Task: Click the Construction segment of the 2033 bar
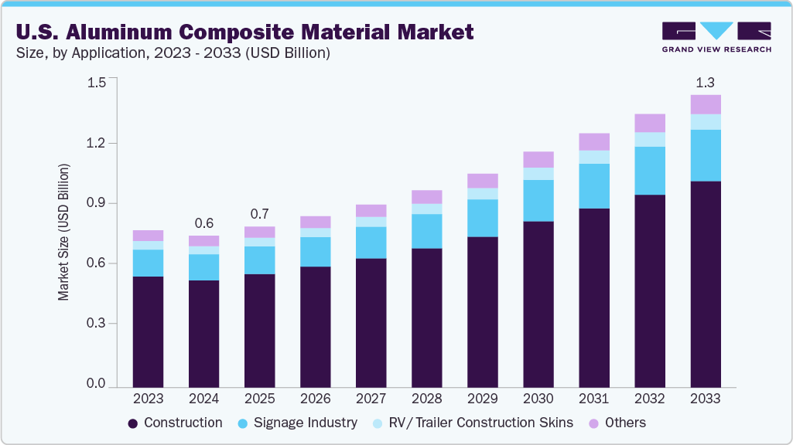(x=705, y=284)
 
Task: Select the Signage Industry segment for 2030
(x=538, y=200)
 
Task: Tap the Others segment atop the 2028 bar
(x=426, y=197)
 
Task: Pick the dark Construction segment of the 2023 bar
(x=148, y=331)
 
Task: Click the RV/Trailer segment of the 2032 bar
(x=649, y=139)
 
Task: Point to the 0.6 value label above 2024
(x=203, y=223)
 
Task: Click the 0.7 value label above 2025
(x=259, y=214)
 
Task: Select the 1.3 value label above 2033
(x=705, y=83)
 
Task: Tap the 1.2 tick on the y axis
(x=97, y=143)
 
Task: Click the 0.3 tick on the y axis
(x=97, y=324)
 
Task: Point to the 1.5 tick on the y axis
(x=97, y=83)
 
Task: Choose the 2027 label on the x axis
(x=371, y=399)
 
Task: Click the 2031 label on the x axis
(x=593, y=399)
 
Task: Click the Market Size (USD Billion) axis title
(x=64, y=232)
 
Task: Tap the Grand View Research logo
(x=716, y=36)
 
